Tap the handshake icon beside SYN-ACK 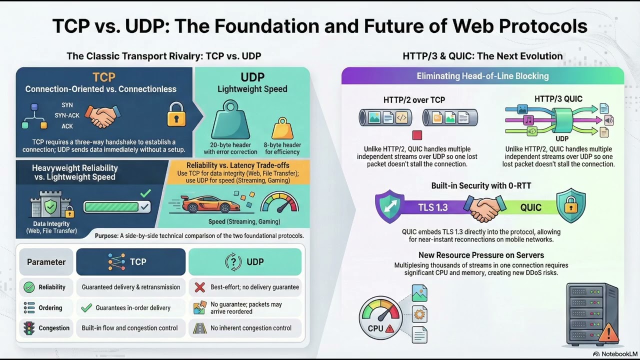pos(102,116)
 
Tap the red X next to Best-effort pos(199,287)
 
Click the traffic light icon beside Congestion pos(29,328)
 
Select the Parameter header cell pos(46,262)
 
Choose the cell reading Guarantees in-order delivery pos(130,308)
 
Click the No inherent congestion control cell pos(245,328)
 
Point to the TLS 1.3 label pos(433,206)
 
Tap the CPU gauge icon pos(380,317)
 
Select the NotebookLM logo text pos(614,354)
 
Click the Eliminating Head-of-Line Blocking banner pos(482,76)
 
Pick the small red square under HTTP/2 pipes pos(417,135)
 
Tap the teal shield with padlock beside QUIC pos(570,205)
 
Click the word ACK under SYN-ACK pos(67,126)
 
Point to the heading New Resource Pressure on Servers pos(480,255)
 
